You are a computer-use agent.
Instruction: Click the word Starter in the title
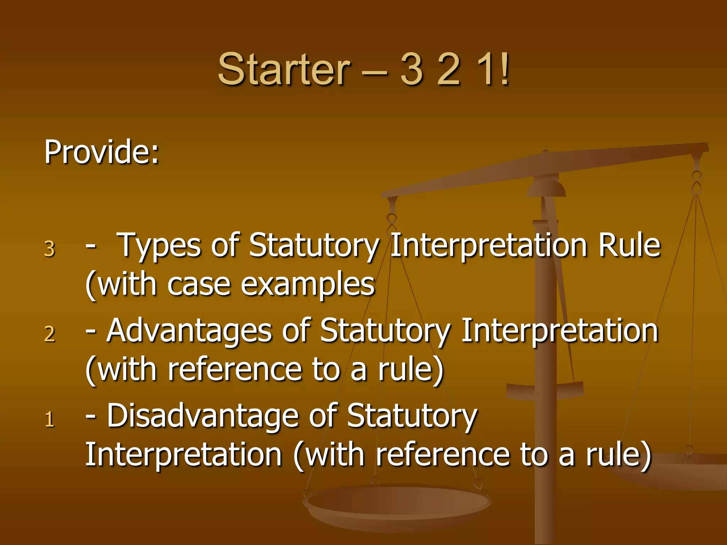(x=284, y=69)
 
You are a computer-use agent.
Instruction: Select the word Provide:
(x=102, y=153)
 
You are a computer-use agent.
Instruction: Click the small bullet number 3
(x=50, y=249)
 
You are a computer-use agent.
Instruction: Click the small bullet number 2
(x=50, y=334)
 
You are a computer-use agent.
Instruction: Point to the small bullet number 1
(x=50, y=419)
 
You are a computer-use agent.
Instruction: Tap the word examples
(x=308, y=285)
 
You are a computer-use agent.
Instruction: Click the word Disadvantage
(x=202, y=416)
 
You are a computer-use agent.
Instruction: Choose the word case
(x=199, y=285)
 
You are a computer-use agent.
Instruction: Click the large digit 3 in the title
(x=412, y=69)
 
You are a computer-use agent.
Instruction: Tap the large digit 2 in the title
(x=449, y=69)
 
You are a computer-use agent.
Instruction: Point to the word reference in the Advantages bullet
(x=234, y=370)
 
